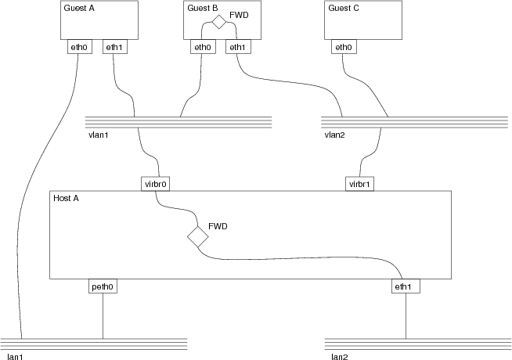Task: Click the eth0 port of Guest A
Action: coord(78,47)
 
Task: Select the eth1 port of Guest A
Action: coord(114,47)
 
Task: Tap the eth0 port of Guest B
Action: coord(203,47)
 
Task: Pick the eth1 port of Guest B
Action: coord(237,47)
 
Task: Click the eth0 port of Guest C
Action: coord(343,47)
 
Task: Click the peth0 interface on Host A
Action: coord(103,286)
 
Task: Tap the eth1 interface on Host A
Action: coord(406,286)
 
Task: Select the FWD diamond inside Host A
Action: coord(197,236)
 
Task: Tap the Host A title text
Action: coord(66,198)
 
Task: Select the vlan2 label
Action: coord(335,135)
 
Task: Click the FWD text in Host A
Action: coord(218,225)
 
